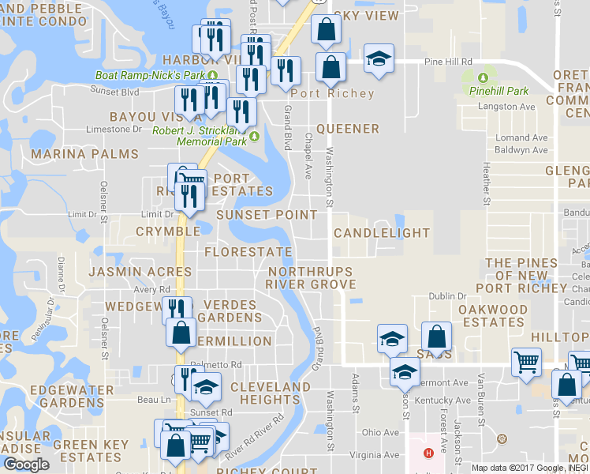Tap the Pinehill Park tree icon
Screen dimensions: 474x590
coord(483,77)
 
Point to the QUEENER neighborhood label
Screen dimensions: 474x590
coord(348,129)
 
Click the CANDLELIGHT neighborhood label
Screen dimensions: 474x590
coord(382,233)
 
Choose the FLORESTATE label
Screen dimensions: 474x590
coord(248,252)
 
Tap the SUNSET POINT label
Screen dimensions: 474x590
coord(267,215)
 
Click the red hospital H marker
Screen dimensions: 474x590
coord(428,453)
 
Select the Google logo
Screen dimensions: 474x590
coord(26,465)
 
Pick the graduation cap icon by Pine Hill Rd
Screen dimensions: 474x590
coord(379,59)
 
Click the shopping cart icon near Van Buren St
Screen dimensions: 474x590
coord(526,363)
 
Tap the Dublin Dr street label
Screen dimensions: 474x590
coord(448,296)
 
